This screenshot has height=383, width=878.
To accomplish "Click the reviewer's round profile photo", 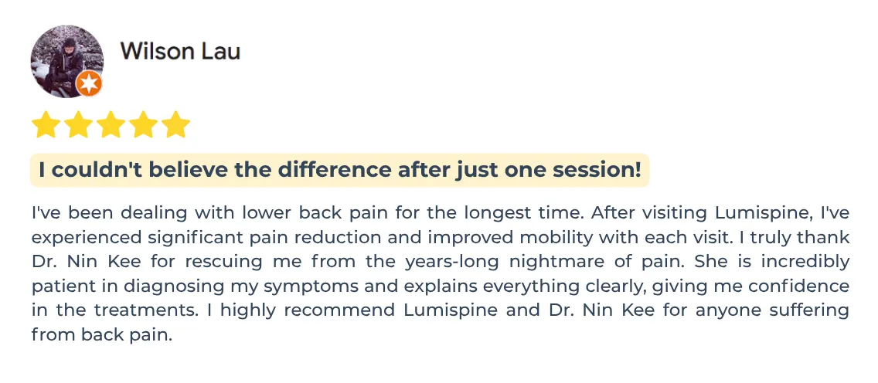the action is pyautogui.click(x=66, y=61).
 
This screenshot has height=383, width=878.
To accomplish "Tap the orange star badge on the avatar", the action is pyautogui.click(x=89, y=84).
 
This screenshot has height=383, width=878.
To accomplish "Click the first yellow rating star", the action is pyautogui.click(x=46, y=124).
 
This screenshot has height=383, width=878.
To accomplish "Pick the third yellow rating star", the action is pyautogui.click(x=111, y=124).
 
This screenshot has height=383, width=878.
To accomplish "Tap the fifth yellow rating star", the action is pyautogui.click(x=175, y=124).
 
